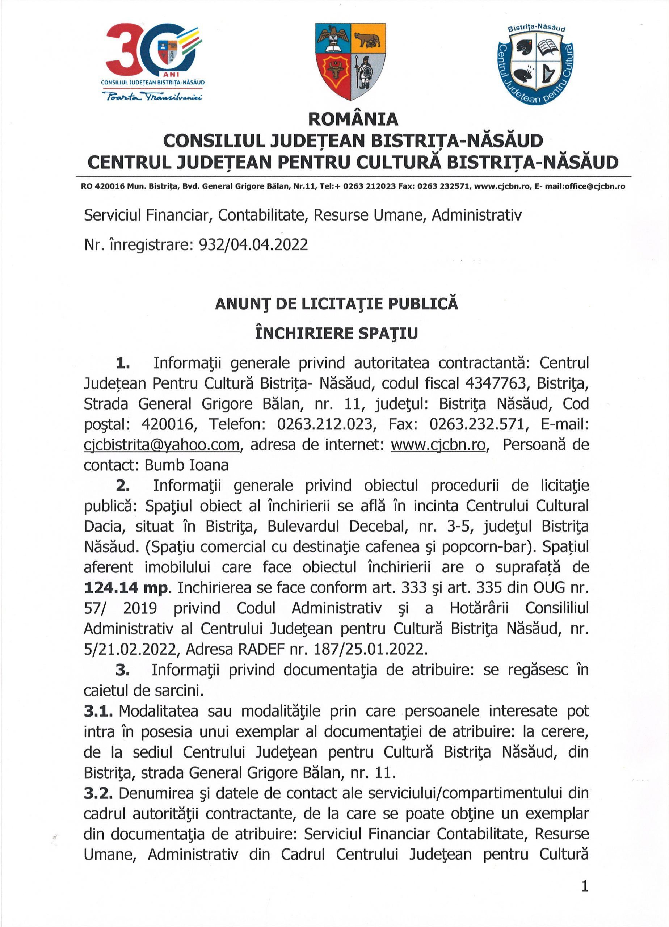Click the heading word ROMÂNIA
pos(353,119)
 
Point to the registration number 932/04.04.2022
pos(253,244)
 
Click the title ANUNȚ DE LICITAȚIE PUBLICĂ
pos(336,304)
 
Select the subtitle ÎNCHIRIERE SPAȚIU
pos(336,333)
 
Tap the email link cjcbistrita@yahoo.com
pos(161,445)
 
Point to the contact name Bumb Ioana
pos(186,465)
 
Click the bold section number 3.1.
pos(98,711)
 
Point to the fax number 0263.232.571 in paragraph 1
pos(476,424)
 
